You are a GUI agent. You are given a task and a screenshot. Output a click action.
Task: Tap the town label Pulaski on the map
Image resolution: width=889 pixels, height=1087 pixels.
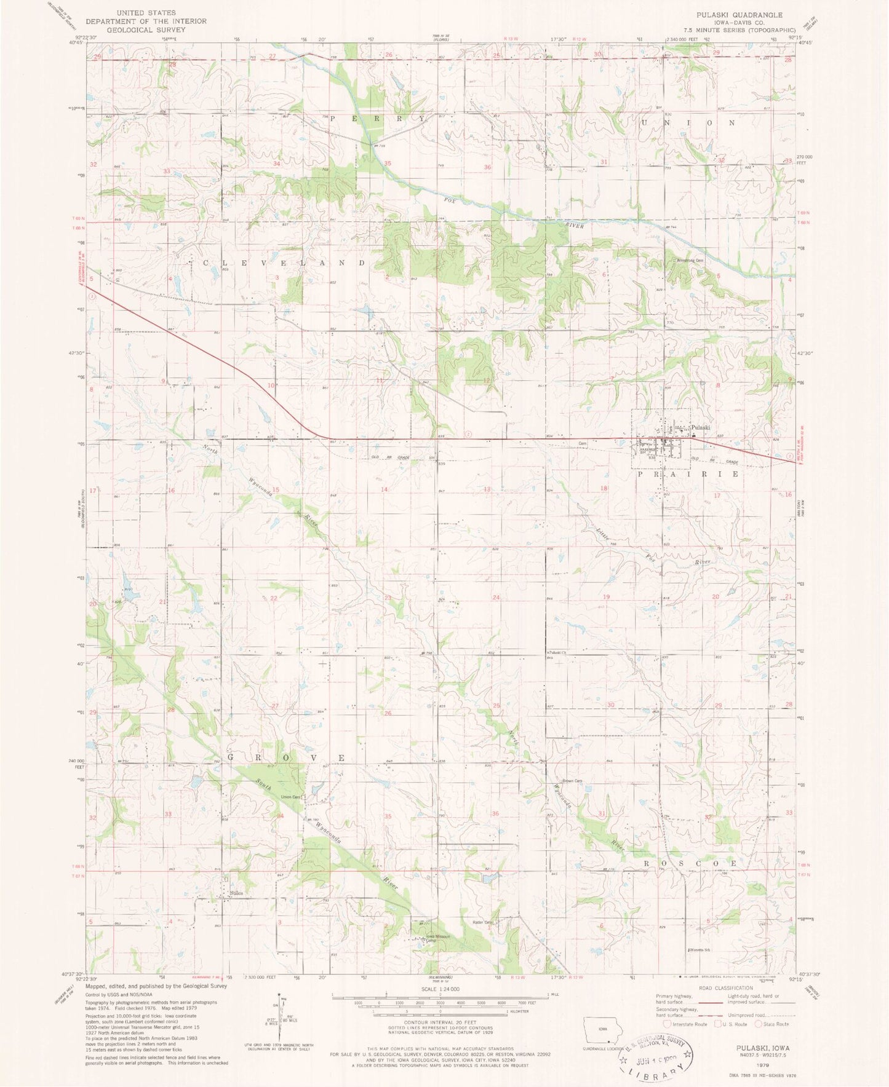701,427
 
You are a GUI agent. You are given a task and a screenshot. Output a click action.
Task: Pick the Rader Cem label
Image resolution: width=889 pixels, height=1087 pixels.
484,922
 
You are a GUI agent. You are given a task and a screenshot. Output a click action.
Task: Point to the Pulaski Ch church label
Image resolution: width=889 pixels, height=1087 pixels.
557,652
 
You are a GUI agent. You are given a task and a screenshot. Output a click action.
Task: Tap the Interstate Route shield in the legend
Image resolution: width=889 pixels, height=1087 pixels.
668,1024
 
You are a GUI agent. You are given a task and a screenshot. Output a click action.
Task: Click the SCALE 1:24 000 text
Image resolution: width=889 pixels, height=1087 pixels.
441,989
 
